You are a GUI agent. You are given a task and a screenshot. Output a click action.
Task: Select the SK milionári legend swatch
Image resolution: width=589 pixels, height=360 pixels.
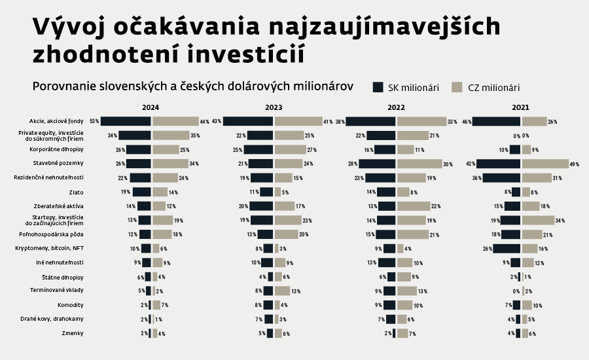tap(378, 87)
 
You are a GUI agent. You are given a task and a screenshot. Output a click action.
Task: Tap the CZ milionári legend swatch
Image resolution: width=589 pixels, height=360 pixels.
tap(457, 87)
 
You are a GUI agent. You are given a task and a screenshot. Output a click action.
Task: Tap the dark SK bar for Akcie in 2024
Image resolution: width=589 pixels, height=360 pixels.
tap(126, 121)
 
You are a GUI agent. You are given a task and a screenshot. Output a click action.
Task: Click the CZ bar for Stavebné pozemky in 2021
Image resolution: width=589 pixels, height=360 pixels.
tap(545, 164)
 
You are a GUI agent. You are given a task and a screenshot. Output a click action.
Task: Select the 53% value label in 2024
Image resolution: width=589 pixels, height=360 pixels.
tap(94, 121)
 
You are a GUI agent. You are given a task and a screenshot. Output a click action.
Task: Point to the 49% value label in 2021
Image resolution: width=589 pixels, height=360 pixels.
tap(575, 164)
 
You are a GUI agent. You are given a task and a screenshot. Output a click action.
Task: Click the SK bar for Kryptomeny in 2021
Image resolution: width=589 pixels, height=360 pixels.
tap(507, 248)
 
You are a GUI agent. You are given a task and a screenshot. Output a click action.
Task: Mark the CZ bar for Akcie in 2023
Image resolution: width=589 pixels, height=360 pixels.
tap(298, 121)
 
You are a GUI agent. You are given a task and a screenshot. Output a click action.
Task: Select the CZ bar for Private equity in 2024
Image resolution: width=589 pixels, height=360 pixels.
tap(170, 135)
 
